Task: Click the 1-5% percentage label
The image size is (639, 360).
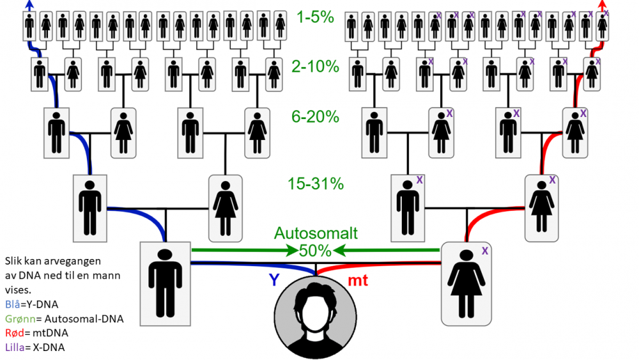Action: (x=315, y=18)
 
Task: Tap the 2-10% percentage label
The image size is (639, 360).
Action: (x=314, y=67)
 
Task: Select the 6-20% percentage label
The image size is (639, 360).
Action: (x=314, y=117)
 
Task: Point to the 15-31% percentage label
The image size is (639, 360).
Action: (x=315, y=184)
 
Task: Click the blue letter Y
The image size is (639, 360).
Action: (x=273, y=279)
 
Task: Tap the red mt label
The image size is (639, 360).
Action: (x=358, y=279)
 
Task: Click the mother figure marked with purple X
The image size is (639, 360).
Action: (x=466, y=283)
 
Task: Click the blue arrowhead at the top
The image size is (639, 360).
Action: (x=29, y=4)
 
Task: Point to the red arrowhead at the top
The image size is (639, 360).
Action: (x=602, y=4)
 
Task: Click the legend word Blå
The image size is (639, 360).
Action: (x=12, y=304)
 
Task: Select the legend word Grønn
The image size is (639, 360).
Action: (x=19, y=318)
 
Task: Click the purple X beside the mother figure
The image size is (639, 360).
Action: (x=485, y=251)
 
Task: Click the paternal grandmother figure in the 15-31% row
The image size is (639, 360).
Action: (x=225, y=208)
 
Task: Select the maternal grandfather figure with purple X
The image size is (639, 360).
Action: (x=407, y=208)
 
